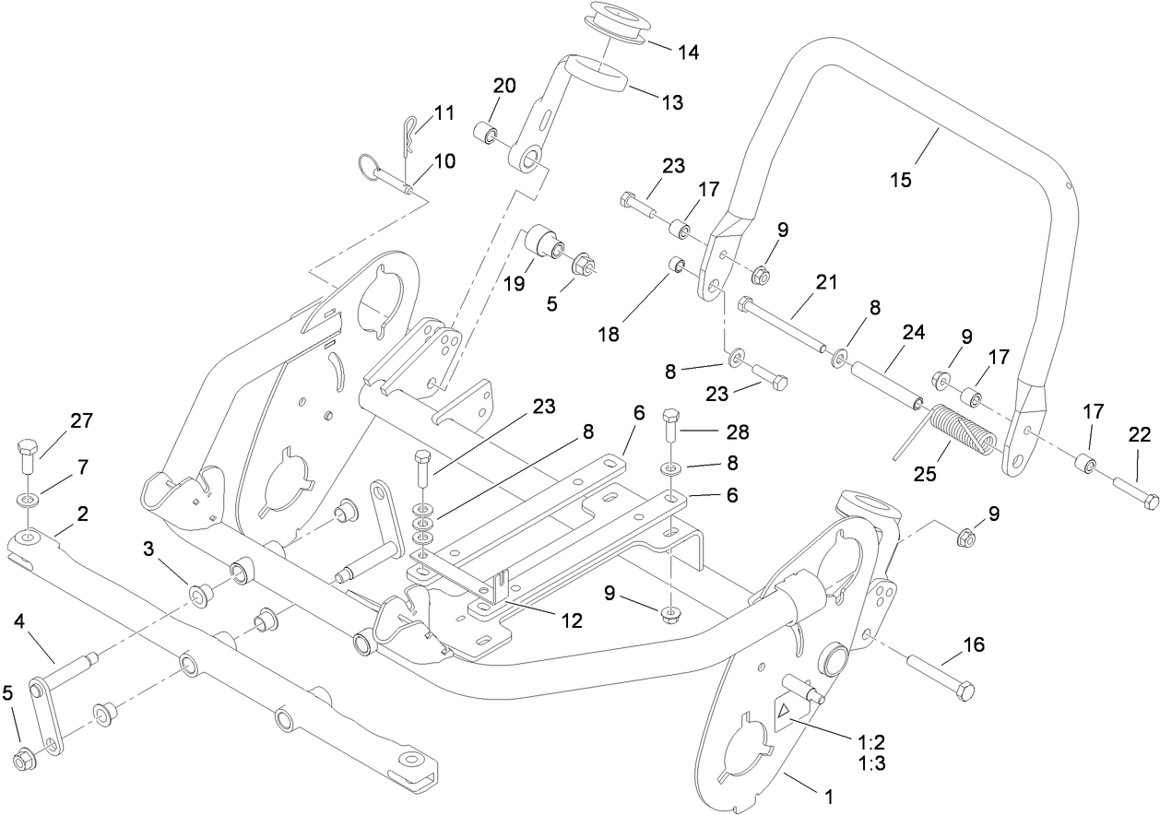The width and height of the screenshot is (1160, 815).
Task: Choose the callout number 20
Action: (504, 86)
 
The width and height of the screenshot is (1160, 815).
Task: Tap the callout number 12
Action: (572, 620)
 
